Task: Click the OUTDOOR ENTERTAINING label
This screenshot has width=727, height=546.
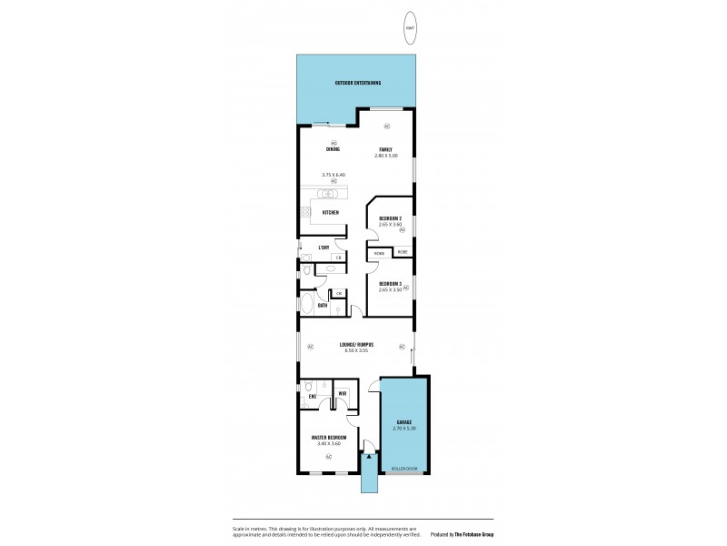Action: (357, 83)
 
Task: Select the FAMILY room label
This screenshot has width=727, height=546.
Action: (385, 149)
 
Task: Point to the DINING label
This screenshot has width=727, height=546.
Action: (333, 149)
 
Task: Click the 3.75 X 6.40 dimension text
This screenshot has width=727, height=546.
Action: (334, 174)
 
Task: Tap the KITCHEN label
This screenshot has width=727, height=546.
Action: (331, 213)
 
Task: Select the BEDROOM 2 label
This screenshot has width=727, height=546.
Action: (390, 219)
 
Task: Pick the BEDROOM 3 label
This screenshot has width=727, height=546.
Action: (390, 283)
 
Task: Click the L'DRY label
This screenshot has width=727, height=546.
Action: (323, 248)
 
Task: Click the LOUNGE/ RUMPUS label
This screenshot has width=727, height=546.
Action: (357, 344)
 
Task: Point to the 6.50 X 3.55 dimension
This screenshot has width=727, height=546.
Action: (356, 350)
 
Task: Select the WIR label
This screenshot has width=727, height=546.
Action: (342, 394)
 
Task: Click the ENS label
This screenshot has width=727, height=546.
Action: (312, 397)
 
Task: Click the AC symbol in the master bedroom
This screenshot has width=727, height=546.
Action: (328, 455)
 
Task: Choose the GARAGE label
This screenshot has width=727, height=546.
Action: (403, 422)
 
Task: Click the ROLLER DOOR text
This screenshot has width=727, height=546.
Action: (404, 469)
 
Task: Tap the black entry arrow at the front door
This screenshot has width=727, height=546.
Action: (368, 457)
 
